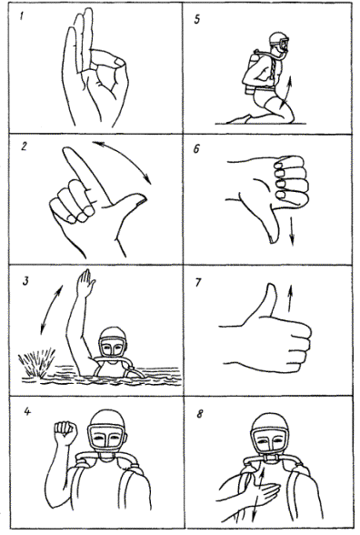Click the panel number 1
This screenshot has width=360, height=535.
(x=22, y=15)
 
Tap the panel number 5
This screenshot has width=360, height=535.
(x=197, y=19)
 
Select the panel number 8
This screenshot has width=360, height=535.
(x=199, y=414)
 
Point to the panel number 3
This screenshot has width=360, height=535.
(x=25, y=282)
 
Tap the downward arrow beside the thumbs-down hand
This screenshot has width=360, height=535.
(x=292, y=231)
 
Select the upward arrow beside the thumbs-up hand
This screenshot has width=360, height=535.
(x=290, y=298)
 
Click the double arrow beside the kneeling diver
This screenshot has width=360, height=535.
(x=286, y=91)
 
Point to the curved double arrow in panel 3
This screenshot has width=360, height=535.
(x=51, y=308)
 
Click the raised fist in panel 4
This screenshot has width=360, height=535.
(x=65, y=432)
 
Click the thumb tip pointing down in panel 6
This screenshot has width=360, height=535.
(x=273, y=239)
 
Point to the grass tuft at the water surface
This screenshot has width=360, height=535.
(x=37, y=362)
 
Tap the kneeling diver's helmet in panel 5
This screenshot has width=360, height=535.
(x=278, y=38)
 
